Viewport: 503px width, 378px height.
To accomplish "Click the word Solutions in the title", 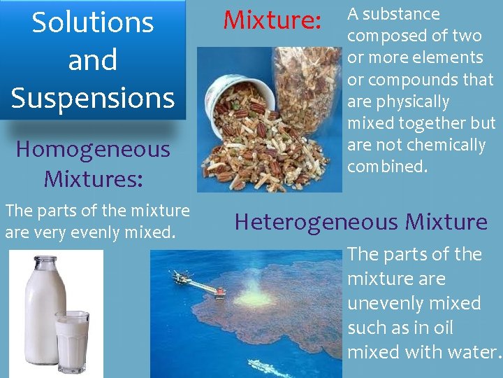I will tap(93, 22).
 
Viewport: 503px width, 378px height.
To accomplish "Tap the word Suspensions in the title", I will tap(93, 97).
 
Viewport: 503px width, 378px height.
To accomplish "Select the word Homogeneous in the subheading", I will tap(93, 149).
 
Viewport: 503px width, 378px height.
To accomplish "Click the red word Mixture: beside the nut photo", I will tap(271, 20).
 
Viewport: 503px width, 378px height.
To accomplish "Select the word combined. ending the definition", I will tap(387, 167).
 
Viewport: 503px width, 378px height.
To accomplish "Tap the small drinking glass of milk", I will tap(73, 340).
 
